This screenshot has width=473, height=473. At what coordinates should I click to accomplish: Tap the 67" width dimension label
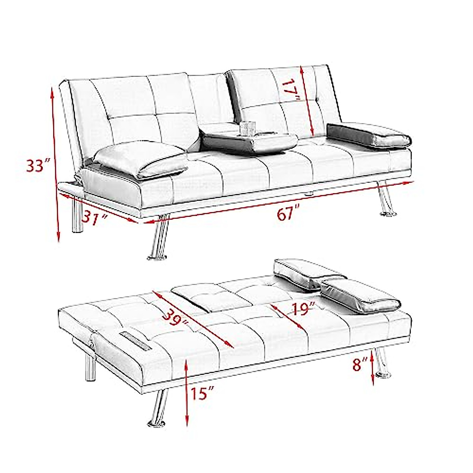point(286,215)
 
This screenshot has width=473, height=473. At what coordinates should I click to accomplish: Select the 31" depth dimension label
point(95,216)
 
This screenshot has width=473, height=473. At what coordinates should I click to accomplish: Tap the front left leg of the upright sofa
point(158,238)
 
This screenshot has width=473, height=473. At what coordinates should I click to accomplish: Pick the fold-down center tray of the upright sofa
point(250,141)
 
